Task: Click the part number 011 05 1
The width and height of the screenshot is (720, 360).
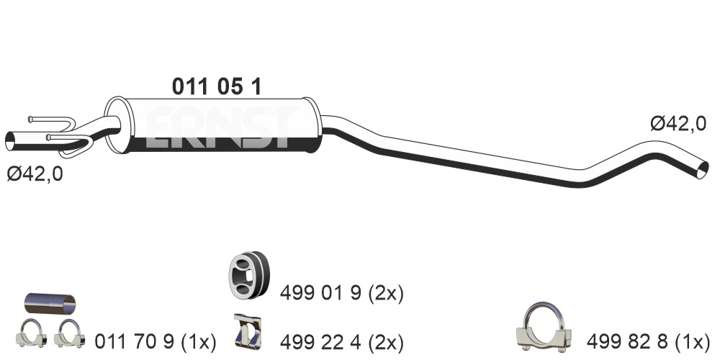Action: coord(217,86)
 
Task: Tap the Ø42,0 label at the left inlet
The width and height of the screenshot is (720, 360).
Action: coord(35,174)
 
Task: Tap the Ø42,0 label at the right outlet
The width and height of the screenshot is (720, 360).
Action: coord(678,124)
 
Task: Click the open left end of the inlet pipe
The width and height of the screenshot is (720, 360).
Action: coord(9,140)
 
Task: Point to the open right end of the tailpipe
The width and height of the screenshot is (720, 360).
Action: coord(703,170)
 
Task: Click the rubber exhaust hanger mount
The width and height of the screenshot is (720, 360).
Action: coord(248,274)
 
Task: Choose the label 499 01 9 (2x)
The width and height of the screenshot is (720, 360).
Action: coord(341,294)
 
